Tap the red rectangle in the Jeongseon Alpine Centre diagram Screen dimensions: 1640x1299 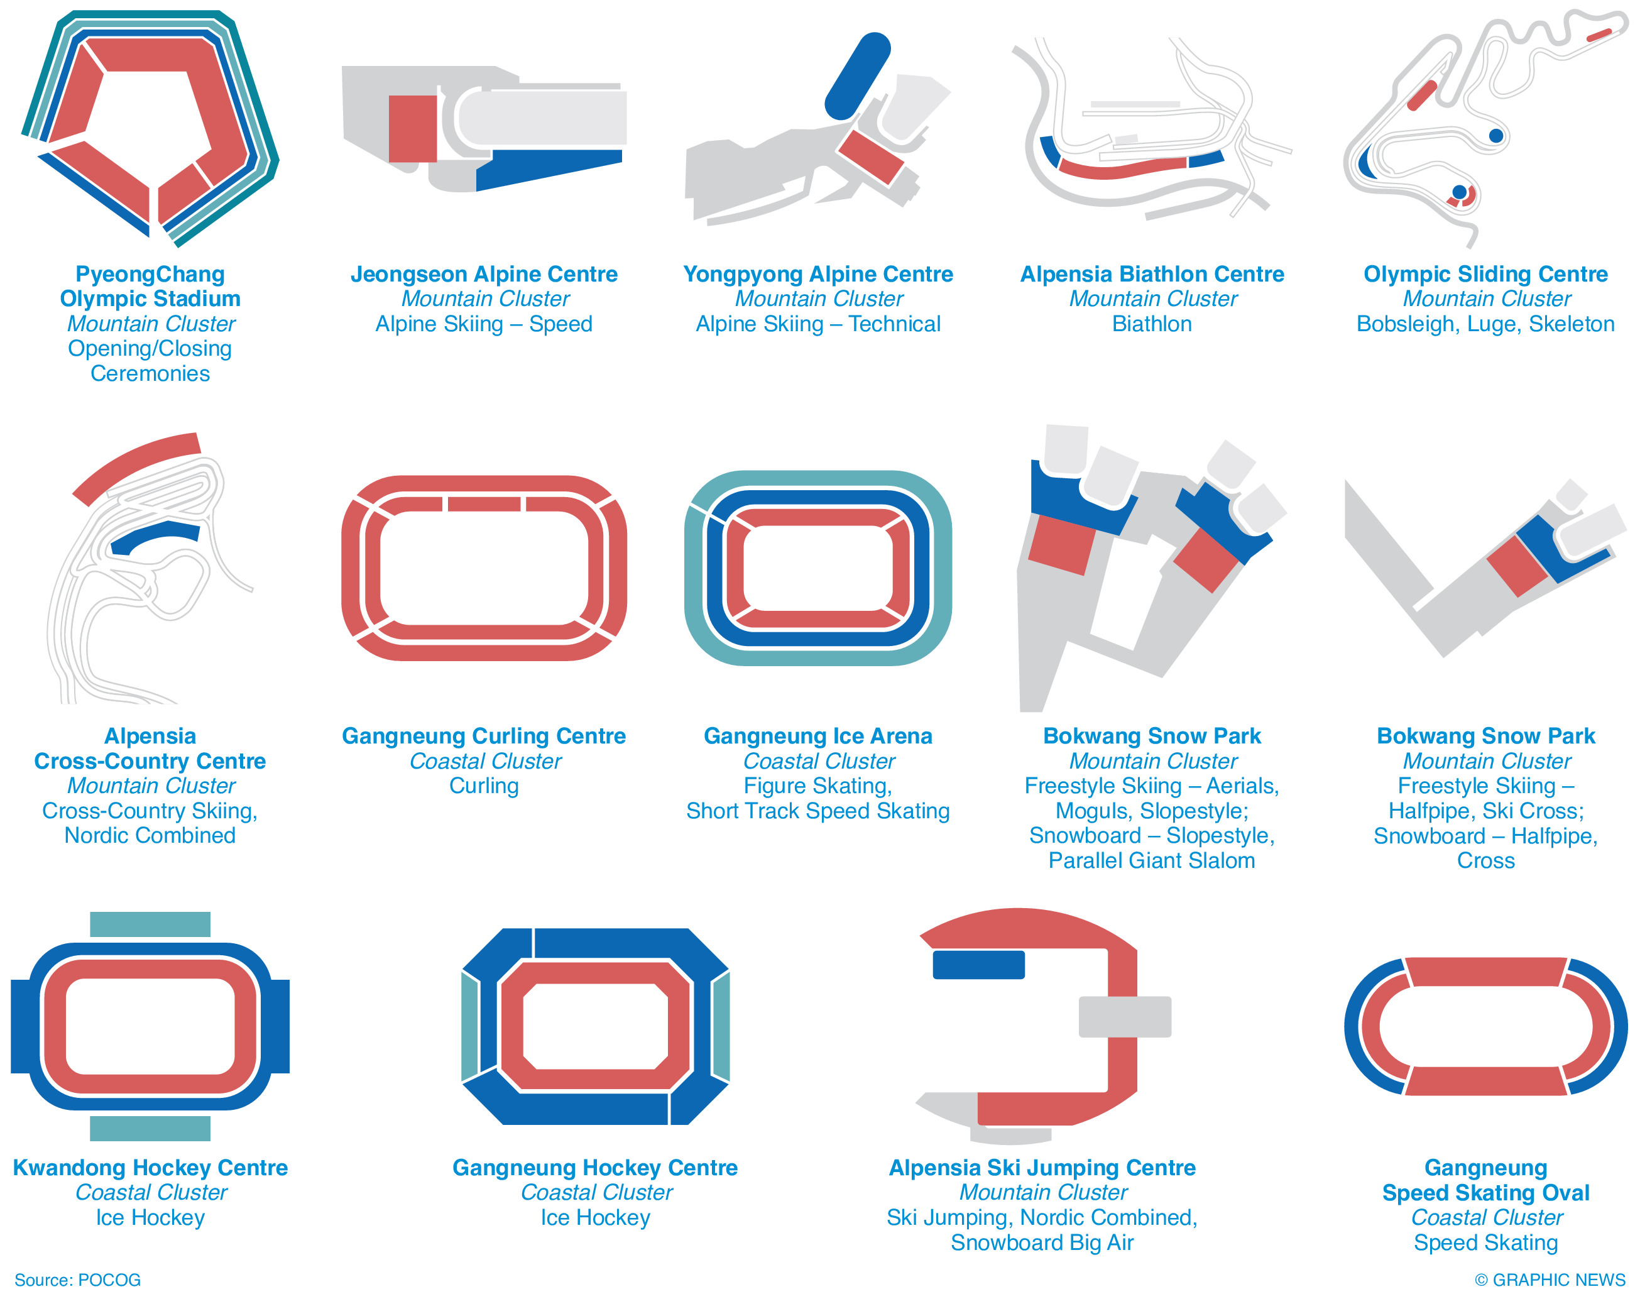click(x=412, y=129)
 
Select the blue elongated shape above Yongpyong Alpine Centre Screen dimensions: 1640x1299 click(x=857, y=76)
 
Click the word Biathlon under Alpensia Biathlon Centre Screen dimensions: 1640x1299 click(x=1151, y=324)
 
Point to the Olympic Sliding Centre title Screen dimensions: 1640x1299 click(x=1485, y=274)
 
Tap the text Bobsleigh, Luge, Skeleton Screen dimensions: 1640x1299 click(x=1485, y=324)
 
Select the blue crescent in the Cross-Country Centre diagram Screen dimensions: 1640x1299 click(x=155, y=536)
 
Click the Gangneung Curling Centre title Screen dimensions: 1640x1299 click(x=484, y=735)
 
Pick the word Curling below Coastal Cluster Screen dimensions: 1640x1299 click(x=484, y=786)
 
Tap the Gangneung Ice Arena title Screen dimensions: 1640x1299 click(x=817, y=735)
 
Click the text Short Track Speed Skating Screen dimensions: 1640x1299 click(x=817, y=811)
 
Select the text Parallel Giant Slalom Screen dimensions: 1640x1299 click(x=1151, y=860)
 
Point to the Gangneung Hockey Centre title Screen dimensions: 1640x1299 click(x=594, y=1168)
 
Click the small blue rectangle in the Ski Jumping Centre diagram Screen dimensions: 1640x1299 click(x=978, y=965)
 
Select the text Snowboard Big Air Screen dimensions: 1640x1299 click(x=1042, y=1242)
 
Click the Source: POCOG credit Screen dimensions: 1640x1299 click(x=77, y=1280)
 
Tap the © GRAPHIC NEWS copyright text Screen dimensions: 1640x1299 click(x=1550, y=1280)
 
